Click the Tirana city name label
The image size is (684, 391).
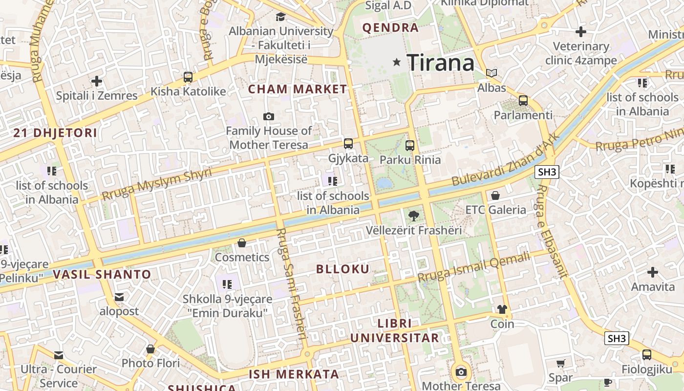tap(440, 63)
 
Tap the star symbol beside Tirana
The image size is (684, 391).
tap(397, 62)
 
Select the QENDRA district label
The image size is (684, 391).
tap(390, 28)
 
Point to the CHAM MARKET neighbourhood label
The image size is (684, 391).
tap(297, 89)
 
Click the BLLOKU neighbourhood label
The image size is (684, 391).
tap(342, 269)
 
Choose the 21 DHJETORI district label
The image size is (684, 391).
tap(55, 132)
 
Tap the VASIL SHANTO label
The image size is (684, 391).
tap(102, 274)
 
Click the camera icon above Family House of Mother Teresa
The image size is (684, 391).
tap(268, 116)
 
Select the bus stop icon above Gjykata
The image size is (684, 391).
tap(348, 144)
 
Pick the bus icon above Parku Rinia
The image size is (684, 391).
tap(409, 145)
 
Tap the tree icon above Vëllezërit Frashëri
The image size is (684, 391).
tap(413, 215)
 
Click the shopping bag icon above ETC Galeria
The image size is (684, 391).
tap(495, 195)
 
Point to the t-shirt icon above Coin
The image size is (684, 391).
tap(502, 309)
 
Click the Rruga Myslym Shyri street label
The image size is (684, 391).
tap(157, 184)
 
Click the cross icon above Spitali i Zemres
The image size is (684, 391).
tap(97, 81)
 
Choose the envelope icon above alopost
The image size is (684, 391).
tap(119, 297)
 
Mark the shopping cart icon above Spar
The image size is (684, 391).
tap(560, 363)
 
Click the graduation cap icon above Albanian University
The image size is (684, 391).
tap(280, 17)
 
